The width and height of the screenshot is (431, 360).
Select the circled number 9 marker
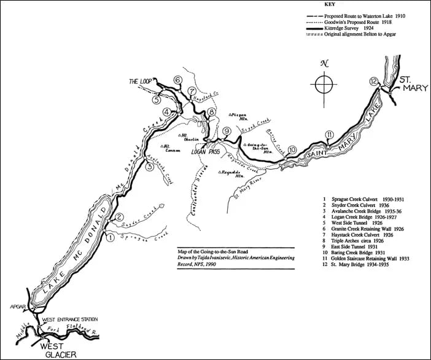pyautogui.click(x=227, y=131)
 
